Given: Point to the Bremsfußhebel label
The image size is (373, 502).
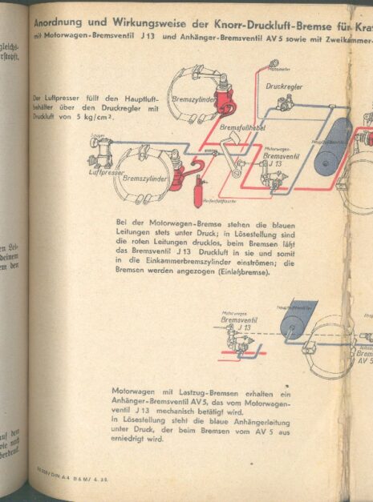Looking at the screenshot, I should (x=221, y=127).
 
